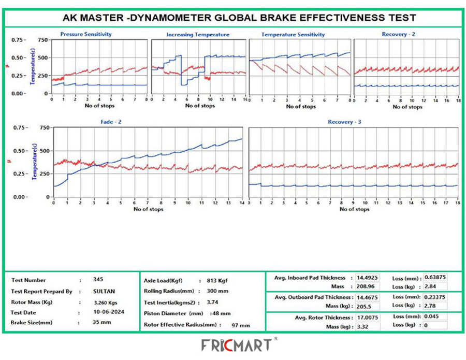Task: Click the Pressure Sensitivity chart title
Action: tap(86, 34)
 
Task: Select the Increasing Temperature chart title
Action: tap(198, 35)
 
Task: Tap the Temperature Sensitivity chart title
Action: tap(293, 35)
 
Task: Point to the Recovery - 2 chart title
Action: tap(399, 34)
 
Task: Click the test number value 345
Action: tap(98, 279)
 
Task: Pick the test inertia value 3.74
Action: tap(212, 301)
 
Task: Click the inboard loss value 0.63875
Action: tap(435, 277)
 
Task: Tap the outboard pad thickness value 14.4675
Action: tap(367, 297)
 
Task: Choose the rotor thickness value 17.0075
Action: tap(367, 317)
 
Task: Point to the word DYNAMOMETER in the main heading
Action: tap(171, 17)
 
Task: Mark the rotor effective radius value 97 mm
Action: tap(240, 325)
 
